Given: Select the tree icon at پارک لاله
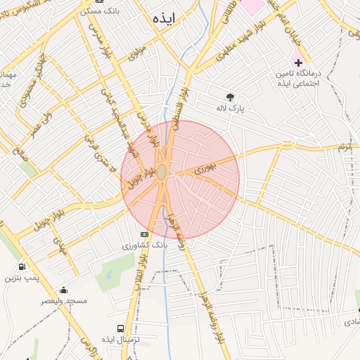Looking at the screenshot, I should (x=230, y=97).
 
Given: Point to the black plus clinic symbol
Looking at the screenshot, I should (x=298, y=63).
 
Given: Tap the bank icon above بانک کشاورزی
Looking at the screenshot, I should (x=145, y=234).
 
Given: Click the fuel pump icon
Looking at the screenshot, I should (x=22, y=267).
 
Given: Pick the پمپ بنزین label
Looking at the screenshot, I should (x=20, y=278).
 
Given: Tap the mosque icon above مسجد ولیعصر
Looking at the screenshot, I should (x=64, y=290).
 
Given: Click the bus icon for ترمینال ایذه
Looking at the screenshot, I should (x=120, y=328).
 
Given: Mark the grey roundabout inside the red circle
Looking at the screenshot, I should (x=162, y=172).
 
